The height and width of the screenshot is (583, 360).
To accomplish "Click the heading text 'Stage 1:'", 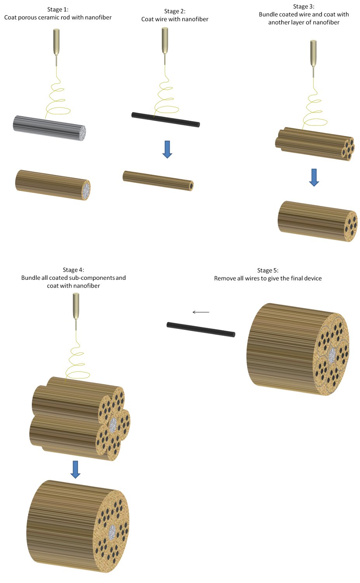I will coord(58,9).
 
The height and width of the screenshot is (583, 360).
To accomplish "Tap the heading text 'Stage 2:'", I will coord(175,11).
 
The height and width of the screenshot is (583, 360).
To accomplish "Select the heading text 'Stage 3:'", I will coord(304,6).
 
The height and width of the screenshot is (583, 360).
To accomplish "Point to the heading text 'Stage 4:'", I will coord(73,270).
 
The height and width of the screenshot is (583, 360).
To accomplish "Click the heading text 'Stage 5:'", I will coord(268,270).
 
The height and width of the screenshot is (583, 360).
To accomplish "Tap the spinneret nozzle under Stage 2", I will coord(165,41).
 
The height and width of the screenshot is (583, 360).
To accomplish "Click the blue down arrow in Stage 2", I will coord(167,149).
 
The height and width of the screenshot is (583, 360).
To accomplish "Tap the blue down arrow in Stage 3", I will coord(314,177).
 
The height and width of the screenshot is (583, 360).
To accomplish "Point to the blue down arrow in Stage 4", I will coord(76,469).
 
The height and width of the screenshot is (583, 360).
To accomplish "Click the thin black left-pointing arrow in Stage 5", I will coord(201,312).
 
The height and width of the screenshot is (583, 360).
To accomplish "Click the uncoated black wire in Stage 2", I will coord(165,120).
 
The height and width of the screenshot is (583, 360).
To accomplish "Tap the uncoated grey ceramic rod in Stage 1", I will coord(49,128).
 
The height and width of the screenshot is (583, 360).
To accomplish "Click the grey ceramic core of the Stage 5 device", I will coord(332,355).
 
